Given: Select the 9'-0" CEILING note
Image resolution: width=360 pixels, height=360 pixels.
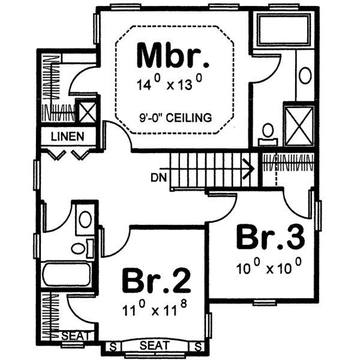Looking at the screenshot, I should tap(173, 118).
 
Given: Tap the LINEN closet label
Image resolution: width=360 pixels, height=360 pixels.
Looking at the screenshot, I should tap(67, 136).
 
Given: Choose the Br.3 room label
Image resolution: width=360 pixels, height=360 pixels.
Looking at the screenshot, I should tap(271, 238).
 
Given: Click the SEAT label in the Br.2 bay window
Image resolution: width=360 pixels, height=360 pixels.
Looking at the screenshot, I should tap(155, 346).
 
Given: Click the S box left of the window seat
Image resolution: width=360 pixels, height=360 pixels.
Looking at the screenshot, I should tap(112, 346).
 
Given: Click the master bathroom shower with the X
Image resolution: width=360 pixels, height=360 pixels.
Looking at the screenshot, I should tap(298, 125).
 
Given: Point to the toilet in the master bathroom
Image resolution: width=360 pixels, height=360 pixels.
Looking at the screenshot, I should tap(268, 132).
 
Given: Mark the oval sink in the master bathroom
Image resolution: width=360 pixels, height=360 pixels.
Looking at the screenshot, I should tap(305, 76).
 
